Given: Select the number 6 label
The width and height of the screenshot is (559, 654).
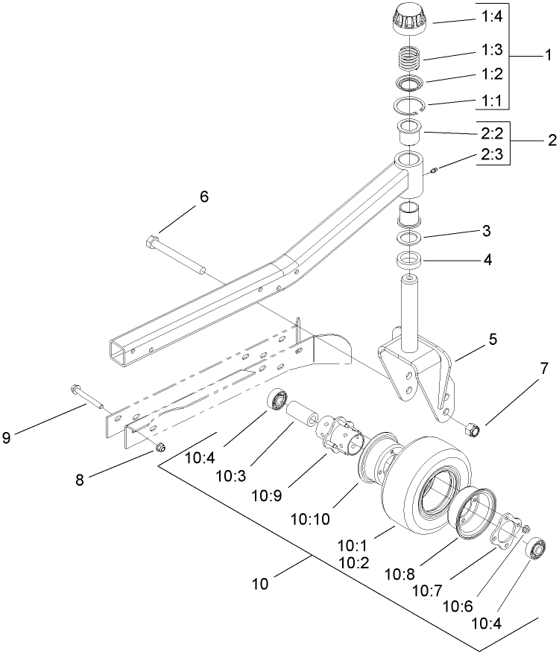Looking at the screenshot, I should [203, 197].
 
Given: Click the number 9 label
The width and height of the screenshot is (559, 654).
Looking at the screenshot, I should [7, 438].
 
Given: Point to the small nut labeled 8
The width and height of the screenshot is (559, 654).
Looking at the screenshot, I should [159, 447].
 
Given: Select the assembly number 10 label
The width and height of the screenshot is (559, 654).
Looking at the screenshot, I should [259, 584].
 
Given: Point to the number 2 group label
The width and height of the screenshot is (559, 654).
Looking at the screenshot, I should [552, 139].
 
